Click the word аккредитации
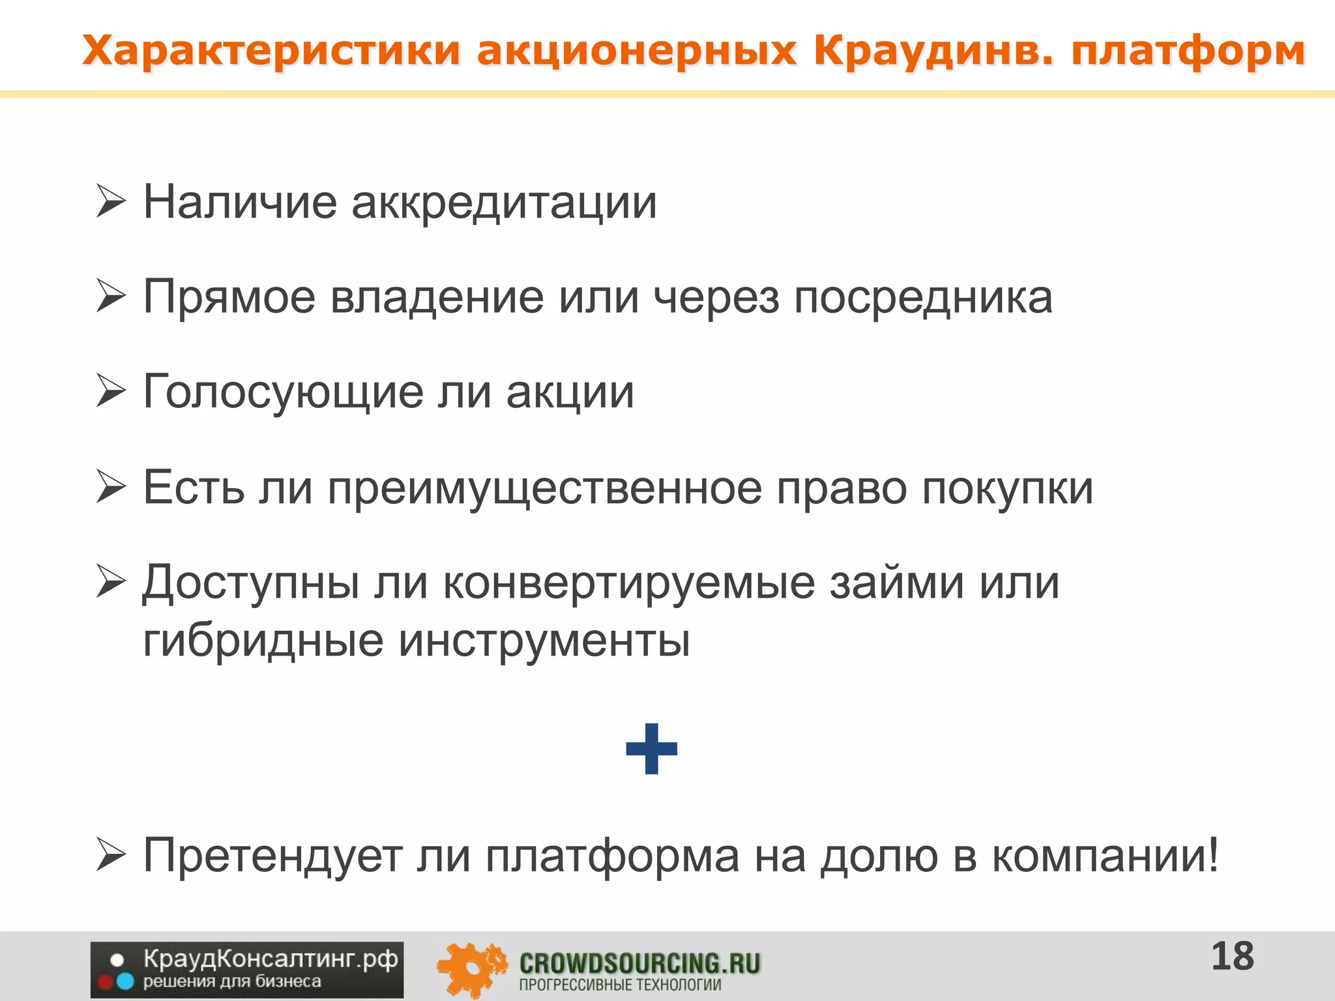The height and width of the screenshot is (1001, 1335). tap(504, 203)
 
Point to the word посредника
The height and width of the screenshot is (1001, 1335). tap(922, 298)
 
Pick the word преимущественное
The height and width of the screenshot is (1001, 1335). tap(544, 488)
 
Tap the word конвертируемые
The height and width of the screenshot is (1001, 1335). tap(629, 582)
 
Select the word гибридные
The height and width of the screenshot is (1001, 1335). tap(263, 641)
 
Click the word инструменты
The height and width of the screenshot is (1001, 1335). tap(544, 641)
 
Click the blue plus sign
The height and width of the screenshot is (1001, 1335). tap(651, 749)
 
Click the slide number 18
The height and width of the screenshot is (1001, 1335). tap(1232, 957)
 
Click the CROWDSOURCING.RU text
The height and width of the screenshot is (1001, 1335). tap(639, 963)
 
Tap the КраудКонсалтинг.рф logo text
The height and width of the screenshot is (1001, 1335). tap(270, 959)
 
